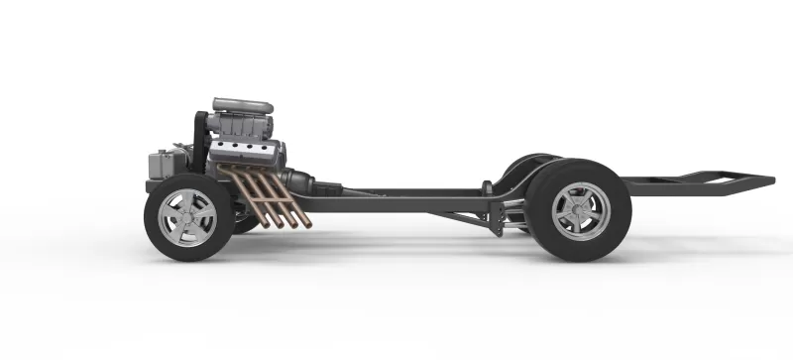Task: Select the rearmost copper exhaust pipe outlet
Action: click(x=306, y=221)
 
